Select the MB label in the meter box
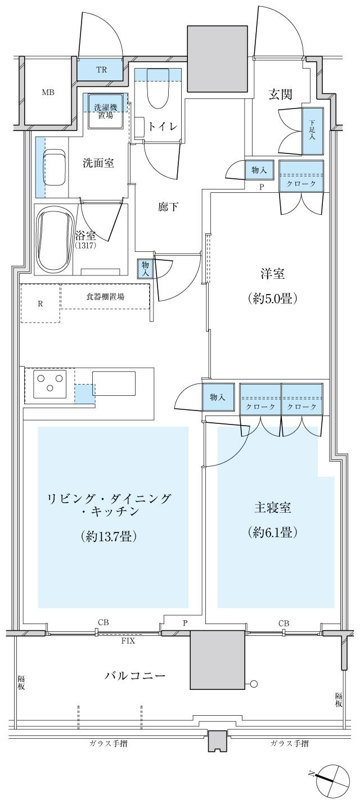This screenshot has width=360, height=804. [x=48, y=92]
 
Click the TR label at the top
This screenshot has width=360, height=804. [x=101, y=70]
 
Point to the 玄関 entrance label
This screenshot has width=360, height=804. [x=280, y=94]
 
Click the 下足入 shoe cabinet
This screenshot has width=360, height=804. [x=313, y=131]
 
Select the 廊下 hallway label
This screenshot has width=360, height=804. [x=168, y=207]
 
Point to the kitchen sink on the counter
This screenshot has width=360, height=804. [x=114, y=383]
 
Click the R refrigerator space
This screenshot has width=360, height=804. [x=40, y=304]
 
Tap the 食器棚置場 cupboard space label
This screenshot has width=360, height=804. [x=105, y=297]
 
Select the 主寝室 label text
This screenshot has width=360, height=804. [x=272, y=508]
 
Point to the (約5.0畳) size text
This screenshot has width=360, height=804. [x=272, y=299]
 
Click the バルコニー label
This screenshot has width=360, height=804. [x=135, y=675]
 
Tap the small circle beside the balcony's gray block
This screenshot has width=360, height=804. [x=254, y=684]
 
